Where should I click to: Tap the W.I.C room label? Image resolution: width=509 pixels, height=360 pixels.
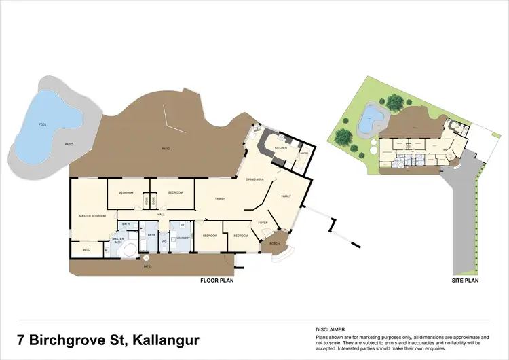[x=86, y=250]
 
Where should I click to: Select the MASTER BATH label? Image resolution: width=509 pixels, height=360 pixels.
[x=118, y=239]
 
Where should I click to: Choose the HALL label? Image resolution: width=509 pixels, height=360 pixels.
[x=162, y=215]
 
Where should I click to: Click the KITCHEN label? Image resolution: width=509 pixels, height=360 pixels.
[x=281, y=147]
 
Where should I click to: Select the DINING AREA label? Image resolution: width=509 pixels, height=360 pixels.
[x=254, y=179]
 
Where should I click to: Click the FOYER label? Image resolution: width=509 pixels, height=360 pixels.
[x=262, y=222]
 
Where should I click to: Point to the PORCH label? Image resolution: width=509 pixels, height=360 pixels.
[x=275, y=243]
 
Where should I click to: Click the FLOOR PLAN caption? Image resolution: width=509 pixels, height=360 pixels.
[x=216, y=280]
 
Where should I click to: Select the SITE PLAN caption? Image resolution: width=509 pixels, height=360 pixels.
[x=466, y=280]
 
